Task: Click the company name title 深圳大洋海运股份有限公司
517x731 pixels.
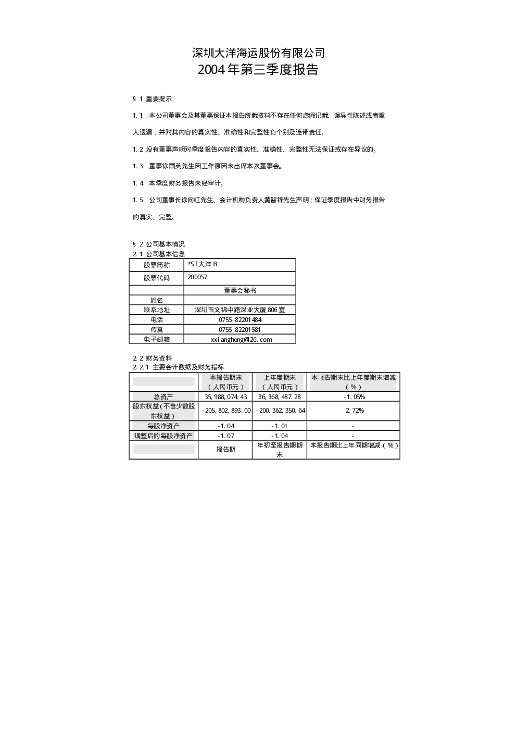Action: click(x=258, y=53)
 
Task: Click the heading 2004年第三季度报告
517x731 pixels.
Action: click(x=258, y=69)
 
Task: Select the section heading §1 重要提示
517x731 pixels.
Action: click(x=152, y=99)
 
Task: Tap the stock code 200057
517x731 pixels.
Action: click(x=197, y=277)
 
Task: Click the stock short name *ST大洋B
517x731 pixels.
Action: click(x=202, y=264)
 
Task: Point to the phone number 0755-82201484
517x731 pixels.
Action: click(x=240, y=320)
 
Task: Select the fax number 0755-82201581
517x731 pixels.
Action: click(x=239, y=330)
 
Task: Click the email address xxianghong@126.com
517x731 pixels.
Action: click(x=242, y=339)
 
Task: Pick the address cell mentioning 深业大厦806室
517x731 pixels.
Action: click(x=239, y=309)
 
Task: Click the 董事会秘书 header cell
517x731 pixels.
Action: click(x=239, y=290)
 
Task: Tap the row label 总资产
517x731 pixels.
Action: click(x=163, y=397)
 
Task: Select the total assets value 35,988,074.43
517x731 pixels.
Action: click(x=226, y=397)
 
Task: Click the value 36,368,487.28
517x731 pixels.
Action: click(x=280, y=397)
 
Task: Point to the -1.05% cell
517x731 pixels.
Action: click(x=354, y=397)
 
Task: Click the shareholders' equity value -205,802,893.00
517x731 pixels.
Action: click(x=226, y=411)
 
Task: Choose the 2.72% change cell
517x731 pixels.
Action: click(x=355, y=411)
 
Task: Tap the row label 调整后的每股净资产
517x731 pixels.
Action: click(x=163, y=436)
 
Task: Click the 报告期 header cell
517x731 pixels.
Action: click(x=226, y=449)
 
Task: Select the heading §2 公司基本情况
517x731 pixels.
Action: click(x=159, y=244)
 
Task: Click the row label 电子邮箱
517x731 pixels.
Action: click(x=157, y=339)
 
